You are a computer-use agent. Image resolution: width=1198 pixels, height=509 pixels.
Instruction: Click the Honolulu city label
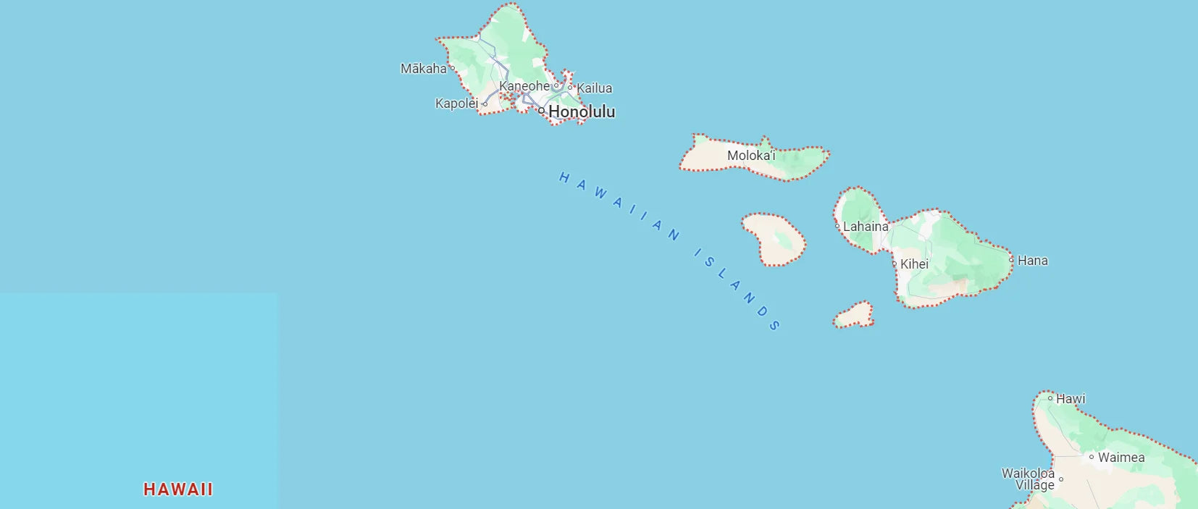582,112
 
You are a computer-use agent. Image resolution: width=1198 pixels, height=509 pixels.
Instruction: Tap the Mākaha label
424,69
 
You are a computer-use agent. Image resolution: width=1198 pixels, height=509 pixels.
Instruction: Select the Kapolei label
456,104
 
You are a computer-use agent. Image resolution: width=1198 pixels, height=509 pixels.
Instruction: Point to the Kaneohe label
524,86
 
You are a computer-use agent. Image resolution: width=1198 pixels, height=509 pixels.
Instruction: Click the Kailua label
595,88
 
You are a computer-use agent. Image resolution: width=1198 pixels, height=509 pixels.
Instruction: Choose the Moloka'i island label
751,156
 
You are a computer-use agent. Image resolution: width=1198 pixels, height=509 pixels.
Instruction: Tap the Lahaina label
866,227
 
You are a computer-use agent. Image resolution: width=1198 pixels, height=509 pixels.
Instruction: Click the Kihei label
914,264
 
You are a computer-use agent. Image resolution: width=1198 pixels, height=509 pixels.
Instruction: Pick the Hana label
1033,261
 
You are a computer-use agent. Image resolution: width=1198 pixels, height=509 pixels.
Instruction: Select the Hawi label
1071,399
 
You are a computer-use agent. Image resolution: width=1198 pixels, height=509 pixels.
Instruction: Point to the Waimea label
1121,458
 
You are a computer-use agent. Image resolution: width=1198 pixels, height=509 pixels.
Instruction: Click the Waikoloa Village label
1029,479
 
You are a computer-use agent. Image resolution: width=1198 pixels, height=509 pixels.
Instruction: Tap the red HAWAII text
178,489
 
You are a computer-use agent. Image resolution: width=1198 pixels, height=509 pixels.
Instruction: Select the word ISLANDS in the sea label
737,290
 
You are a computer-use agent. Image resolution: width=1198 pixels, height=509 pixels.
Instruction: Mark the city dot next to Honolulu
541,111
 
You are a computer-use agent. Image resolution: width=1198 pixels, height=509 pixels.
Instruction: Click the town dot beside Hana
1012,259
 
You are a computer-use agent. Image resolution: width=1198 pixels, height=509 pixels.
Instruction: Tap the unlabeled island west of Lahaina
774,238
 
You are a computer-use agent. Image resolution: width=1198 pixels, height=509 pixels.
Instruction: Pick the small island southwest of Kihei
854,316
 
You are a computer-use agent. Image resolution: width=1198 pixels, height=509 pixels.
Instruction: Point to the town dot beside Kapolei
485,104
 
